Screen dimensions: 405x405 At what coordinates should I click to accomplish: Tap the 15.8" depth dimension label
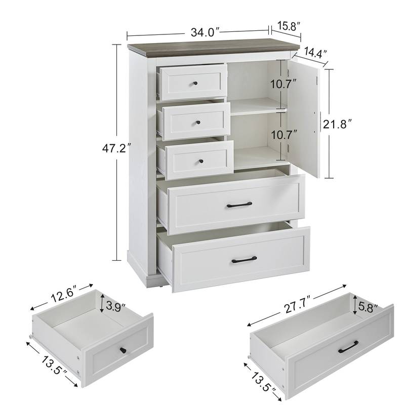pyautogui.click(x=289, y=26)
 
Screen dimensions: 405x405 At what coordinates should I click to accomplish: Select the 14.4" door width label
pyautogui.click(x=315, y=53)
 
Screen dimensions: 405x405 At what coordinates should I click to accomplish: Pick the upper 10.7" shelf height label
pyautogui.click(x=283, y=84)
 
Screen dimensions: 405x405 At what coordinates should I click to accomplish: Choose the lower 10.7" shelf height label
pyautogui.click(x=284, y=135)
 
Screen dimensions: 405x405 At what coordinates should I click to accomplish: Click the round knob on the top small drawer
pyautogui.click(x=195, y=84)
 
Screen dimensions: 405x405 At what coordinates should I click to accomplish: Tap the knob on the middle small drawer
pyautogui.click(x=198, y=122)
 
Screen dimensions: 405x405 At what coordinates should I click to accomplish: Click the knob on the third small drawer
pyautogui.click(x=201, y=161)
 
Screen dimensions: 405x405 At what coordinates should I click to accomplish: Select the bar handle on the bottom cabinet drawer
pyautogui.click(x=244, y=260)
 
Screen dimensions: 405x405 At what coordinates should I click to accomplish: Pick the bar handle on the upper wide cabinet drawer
pyautogui.click(x=239, y=205)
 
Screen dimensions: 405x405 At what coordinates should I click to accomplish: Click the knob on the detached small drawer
pyautogui.click(x=123, y=350)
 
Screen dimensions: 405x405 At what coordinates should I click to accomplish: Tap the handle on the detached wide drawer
pyautogui.click(x=348, y=347)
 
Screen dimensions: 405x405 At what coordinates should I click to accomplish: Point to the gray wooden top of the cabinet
pyautogui.click(x=213, y=47)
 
